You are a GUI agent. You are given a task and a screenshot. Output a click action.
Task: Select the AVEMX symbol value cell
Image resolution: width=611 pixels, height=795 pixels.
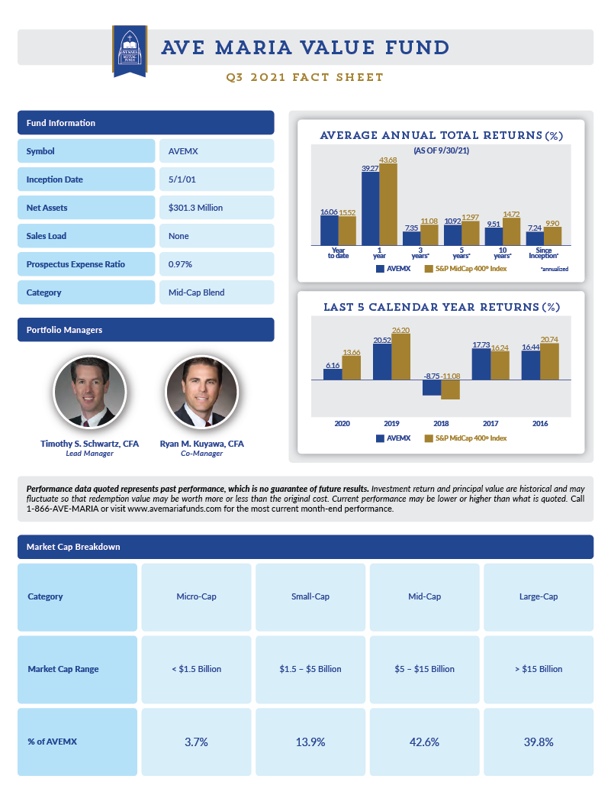click(216, 151)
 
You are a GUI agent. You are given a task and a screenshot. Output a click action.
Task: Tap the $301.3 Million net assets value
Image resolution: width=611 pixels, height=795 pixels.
click(216, 208)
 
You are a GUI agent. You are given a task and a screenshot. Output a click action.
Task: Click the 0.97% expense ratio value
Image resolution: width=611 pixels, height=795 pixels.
click(216, 264)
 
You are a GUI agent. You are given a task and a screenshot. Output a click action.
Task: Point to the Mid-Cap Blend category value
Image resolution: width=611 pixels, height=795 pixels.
click(216, 292)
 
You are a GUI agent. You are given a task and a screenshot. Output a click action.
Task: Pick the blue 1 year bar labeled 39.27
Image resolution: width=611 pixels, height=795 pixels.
click(370, 208)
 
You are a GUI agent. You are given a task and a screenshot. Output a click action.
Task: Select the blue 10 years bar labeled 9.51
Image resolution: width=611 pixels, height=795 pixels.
click(494, 236)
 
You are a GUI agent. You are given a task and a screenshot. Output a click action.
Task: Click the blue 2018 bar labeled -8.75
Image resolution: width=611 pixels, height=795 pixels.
click(432, 387)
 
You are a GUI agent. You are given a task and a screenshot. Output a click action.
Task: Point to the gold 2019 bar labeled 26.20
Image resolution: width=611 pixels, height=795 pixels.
click(400, 357)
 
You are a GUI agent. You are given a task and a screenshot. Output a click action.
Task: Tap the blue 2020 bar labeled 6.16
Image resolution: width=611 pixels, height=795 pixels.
click(333, 374)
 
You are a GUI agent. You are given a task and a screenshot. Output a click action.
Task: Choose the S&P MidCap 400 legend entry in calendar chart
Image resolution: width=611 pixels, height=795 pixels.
click(465, 438)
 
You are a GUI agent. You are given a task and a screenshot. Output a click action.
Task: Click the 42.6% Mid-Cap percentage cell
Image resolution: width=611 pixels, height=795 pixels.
click(424, 742)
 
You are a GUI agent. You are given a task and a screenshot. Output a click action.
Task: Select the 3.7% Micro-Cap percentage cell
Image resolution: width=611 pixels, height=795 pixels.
click(195, 742)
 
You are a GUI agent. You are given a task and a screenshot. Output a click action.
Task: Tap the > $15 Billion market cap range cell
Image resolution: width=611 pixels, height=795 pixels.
click(539, 669)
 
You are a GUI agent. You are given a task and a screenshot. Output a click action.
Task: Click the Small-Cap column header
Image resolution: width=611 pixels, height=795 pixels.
click(310, 596)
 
